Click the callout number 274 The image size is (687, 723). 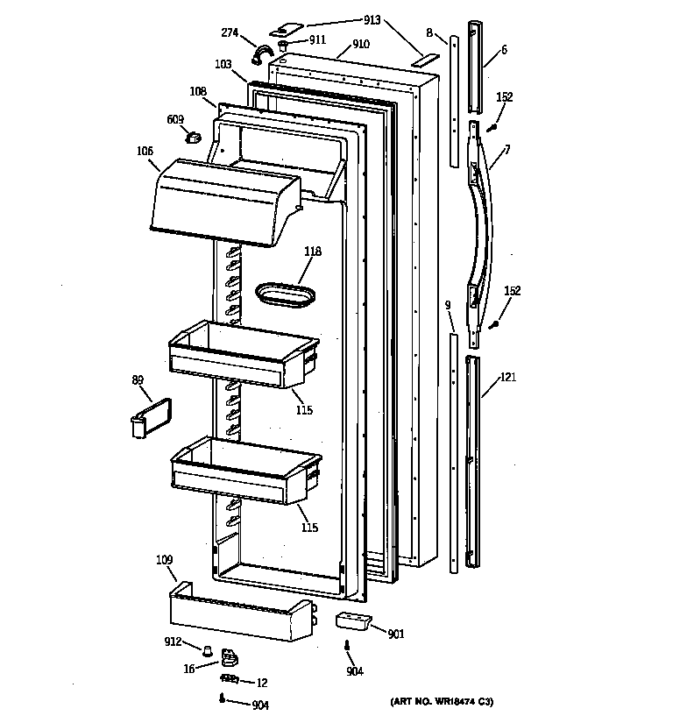tap(230, 32)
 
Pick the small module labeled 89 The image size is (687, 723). tap(147, 415)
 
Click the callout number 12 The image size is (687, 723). tap(262, 682)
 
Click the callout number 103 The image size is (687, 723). tap(223, 65)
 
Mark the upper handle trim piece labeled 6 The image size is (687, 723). tap(475, 68)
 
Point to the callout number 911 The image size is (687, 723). tap(316, 40)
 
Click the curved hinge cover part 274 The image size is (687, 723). tap(260, 57)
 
